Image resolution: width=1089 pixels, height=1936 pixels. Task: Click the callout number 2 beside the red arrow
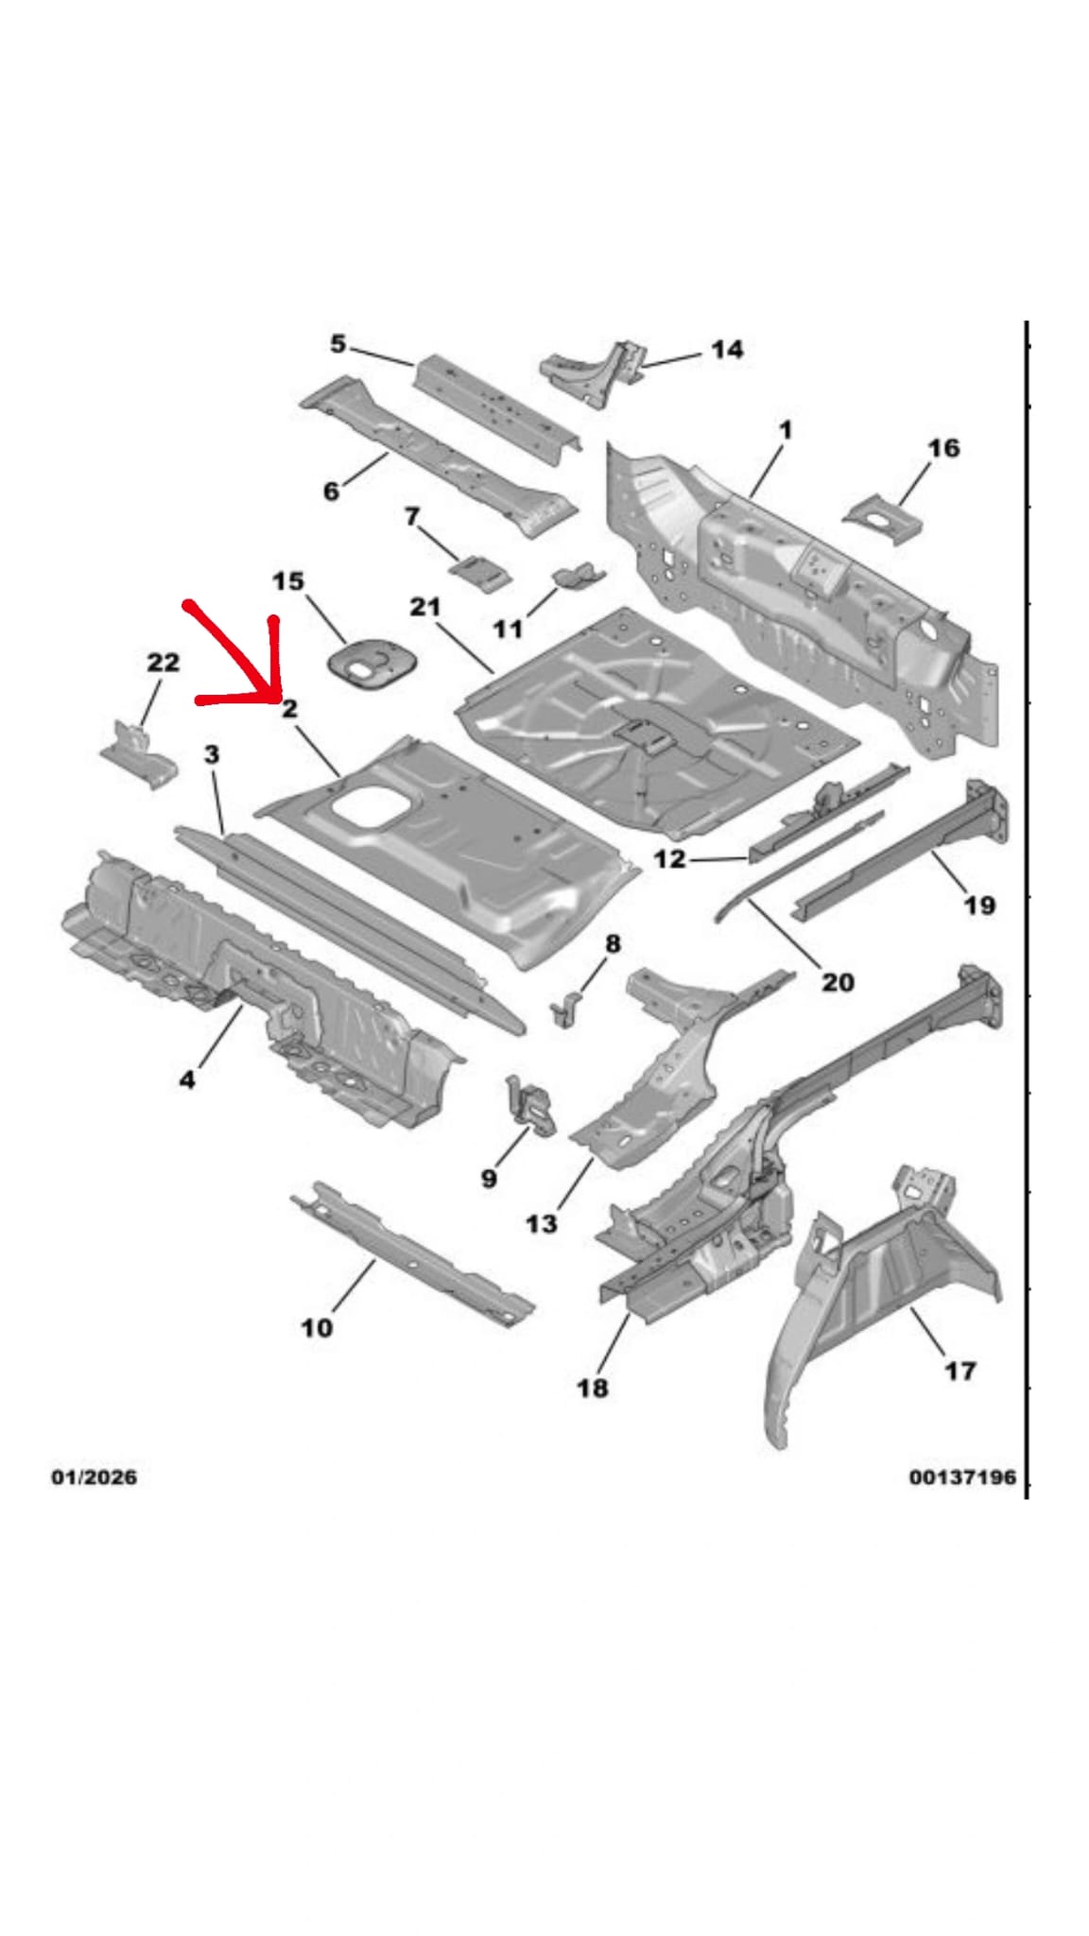(x=289, y=708)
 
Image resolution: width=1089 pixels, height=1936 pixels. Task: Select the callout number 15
(x=288, y=580)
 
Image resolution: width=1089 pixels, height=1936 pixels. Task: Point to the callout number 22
(x=163, y=663)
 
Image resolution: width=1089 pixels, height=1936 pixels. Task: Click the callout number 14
(x=726, y=350)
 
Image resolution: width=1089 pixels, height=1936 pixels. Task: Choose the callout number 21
(x=425, y=606)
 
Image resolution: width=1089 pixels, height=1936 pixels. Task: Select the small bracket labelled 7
(x=480, y=571)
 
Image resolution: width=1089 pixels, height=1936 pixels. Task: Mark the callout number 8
(x=613, y=943)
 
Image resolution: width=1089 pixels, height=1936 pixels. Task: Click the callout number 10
(x=317, y=1327)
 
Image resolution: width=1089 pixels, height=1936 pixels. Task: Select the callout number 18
(x=593, y=1388)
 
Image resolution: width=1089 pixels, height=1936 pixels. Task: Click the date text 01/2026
(x=94, y=1477)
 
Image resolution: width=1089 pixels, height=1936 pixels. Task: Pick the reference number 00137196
(x=962, y=1477)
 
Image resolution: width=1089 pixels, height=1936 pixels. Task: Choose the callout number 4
(x=187, y=1079)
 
